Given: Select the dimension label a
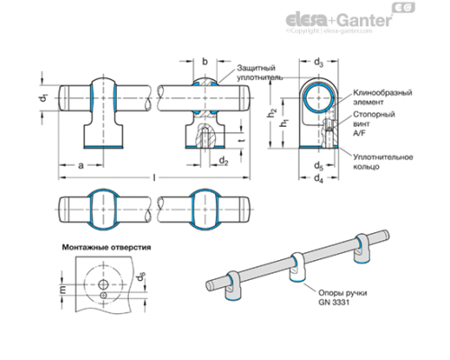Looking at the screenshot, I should (81, 166).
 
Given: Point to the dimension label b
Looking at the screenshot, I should (206, 62).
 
